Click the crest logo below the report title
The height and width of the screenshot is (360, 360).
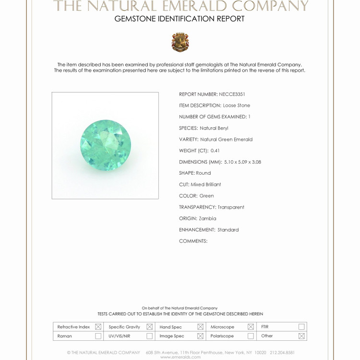(x=180, y=42)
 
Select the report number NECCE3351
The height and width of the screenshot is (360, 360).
(x=232, y=94)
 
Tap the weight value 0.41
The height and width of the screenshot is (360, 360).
(x=215, y=151)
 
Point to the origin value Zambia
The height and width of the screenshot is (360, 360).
(x=208, y=218)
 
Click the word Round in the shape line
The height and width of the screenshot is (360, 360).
(x=203, y=173)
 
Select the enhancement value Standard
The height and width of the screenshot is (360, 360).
(x=228, y=230)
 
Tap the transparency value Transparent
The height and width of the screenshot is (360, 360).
(x=231, y=207)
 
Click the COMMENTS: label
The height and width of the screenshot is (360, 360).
(x=193, y=241)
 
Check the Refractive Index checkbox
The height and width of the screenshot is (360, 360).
(x=98, y=327)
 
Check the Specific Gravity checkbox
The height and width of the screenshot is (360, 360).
(x=149, y=327)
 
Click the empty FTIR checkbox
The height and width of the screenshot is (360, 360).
(x=301, y=327)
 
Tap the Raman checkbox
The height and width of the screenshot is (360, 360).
(x=98, y=336)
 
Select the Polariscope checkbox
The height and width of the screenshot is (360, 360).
(x=251, y=336)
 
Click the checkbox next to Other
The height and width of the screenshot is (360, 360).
(x=301, y=336)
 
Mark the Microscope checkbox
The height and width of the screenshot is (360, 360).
(x=251, y=327)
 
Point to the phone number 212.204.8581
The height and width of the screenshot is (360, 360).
(x=282, y=352)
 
